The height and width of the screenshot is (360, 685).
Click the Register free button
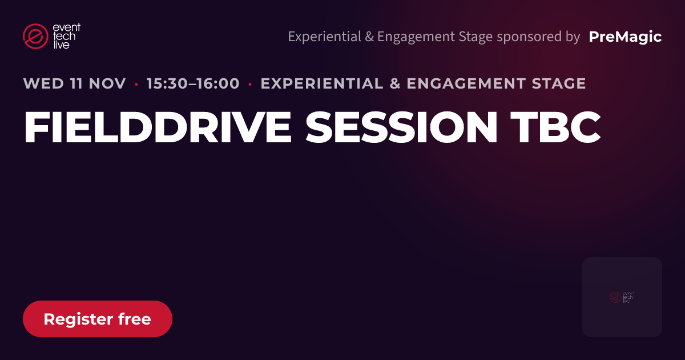point(98,319)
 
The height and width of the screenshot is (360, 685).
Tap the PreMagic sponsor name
point(625,37)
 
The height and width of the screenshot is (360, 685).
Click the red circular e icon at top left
point(35,36)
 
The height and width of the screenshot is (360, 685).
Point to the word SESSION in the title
point(401,127)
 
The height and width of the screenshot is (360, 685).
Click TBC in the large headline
point(555,127)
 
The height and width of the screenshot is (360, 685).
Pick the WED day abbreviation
point(43,83)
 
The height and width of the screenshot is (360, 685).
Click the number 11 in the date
point(76,83)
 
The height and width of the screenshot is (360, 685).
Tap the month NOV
point(107,83)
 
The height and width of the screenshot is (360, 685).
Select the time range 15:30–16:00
point(193,83)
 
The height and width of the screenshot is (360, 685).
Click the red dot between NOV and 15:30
point(136,84)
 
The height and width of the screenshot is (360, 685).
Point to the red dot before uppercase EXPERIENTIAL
point(250,84)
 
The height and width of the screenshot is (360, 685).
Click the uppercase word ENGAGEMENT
point(466,83)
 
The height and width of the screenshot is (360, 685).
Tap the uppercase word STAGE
point(559,83)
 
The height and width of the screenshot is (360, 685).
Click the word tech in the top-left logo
point(64,37)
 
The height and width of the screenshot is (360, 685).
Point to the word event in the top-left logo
point(67,27)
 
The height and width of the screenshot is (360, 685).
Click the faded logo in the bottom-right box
point(622,297)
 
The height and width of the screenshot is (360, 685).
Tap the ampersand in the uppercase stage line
point(395,83)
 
